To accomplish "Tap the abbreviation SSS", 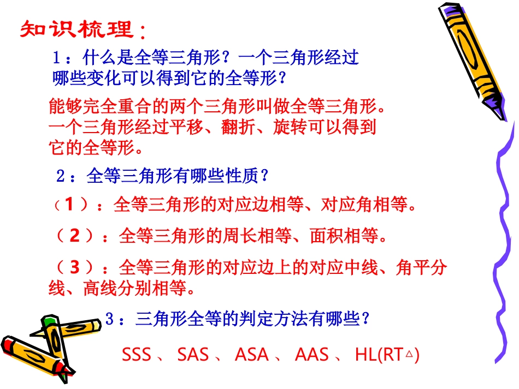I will coord(137,355).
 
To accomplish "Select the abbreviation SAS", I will coord(193,355).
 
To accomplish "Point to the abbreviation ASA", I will coord(251,355).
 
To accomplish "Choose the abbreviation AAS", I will coord(311,355).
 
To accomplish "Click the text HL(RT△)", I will coord(387,355).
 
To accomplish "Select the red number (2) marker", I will coord(75,236).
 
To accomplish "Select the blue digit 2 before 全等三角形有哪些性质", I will coord(61,176).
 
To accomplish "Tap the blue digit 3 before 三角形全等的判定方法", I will coord(109,319).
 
